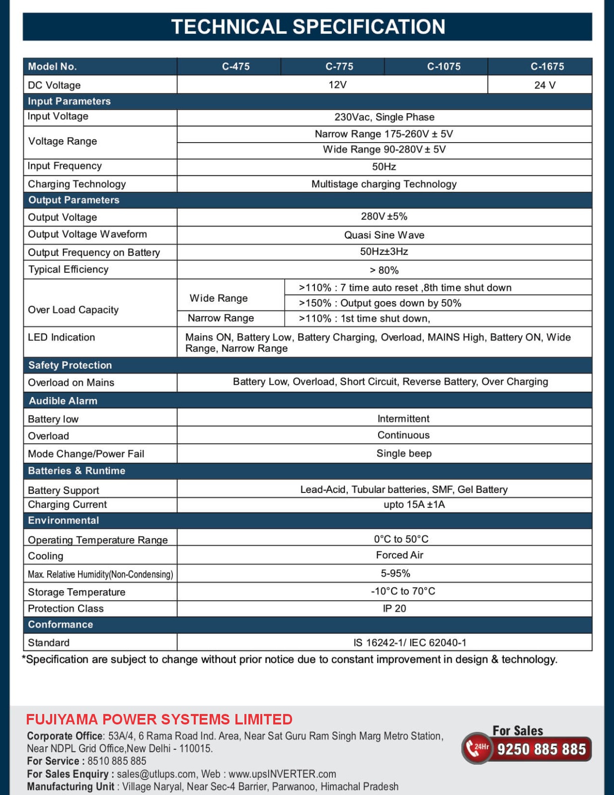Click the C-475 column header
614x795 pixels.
pos(235,67)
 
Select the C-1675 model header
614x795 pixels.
pos(547,67)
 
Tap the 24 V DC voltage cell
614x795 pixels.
pos(544,85)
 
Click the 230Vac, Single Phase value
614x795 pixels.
pos(384,117)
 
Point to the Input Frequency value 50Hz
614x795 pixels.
pos(384,166)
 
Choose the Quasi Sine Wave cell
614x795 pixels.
pos(384,235)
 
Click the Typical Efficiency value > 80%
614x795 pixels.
pos(384,270)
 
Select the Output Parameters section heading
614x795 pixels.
pos(74,200)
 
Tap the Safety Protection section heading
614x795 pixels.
pos(70,365)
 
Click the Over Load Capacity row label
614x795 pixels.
pos(74,310)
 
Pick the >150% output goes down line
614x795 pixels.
pos(380,303)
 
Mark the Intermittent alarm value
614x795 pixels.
pos(403,419)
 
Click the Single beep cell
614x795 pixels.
pos(404,454)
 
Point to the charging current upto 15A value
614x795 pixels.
pos(414,505)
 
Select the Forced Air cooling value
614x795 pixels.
pos(399,555)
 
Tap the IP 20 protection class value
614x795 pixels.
pos(394,609)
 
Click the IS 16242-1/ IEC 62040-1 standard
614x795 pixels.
pos(410,643)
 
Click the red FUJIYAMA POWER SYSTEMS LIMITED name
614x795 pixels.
pos(159,719)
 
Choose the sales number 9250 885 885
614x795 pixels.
pos(541,749)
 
